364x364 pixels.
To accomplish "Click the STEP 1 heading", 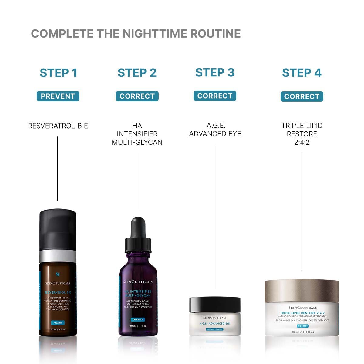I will tap(58, 73).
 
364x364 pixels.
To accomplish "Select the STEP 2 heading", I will tap(137, 73).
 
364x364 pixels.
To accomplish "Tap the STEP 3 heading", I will tap(215, 72).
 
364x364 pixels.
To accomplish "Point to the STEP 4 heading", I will tap(302, 73).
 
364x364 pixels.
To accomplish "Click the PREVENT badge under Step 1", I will tap(58, 96).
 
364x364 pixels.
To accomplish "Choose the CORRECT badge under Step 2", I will tap(137, 96).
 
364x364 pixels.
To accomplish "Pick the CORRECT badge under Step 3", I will tap(215, 96).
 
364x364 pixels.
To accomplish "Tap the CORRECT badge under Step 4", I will tap(302, 96).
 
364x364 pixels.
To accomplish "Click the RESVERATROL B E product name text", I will tap(58, 126).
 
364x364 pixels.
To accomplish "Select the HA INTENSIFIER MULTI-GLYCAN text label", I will tap(137, 134).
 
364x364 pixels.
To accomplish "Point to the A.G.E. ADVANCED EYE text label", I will tap(215, 130).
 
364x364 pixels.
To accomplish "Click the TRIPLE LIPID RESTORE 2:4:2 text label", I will tap(302, 134).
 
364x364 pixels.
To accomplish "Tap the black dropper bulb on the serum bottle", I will tap(138, 226).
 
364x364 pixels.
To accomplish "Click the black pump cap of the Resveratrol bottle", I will tap(58, 229).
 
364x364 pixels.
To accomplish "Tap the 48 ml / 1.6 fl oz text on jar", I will tap(302, 332).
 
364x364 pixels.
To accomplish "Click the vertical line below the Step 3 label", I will tap(215, 215).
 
